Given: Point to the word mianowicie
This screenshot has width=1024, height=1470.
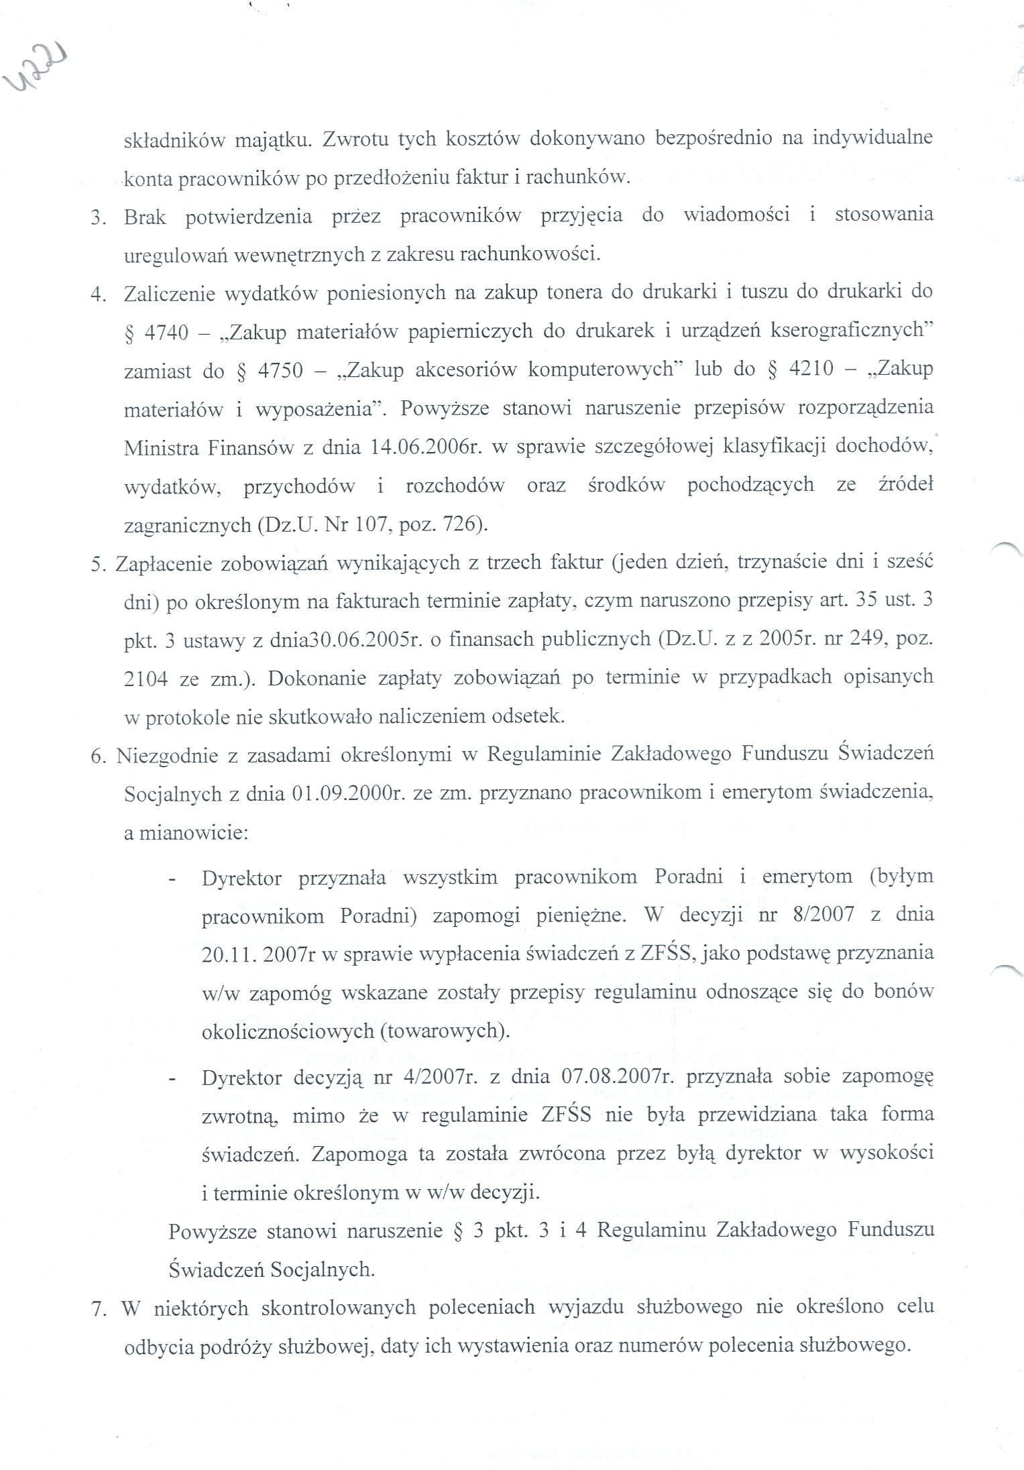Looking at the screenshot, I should [x=192, y=834].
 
